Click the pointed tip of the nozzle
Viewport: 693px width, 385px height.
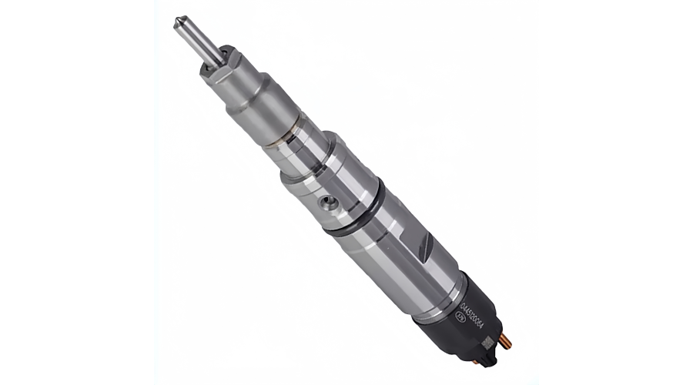tap(178, 19)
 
